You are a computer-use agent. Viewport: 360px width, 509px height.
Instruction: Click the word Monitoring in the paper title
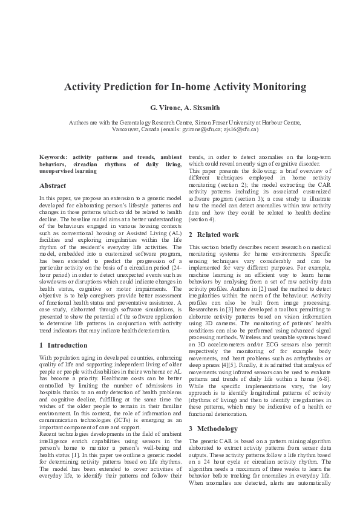pyautogui.click(x=273, y=87)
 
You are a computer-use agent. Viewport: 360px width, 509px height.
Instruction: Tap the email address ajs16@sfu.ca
pyautogui.click(x=240, y=129)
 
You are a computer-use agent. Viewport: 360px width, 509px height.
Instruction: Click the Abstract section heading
pyautogui.click(x=53, y=186)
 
